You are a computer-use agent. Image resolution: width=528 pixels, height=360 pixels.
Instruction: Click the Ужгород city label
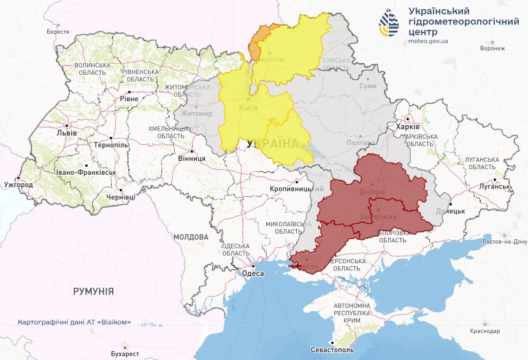coord(18,185)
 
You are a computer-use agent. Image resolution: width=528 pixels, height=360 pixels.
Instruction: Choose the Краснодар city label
coord(486,331)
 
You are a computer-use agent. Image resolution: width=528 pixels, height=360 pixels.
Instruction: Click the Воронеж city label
coord(492,48)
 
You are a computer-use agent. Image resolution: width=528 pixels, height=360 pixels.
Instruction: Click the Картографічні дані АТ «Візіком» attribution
coord(74,323)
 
